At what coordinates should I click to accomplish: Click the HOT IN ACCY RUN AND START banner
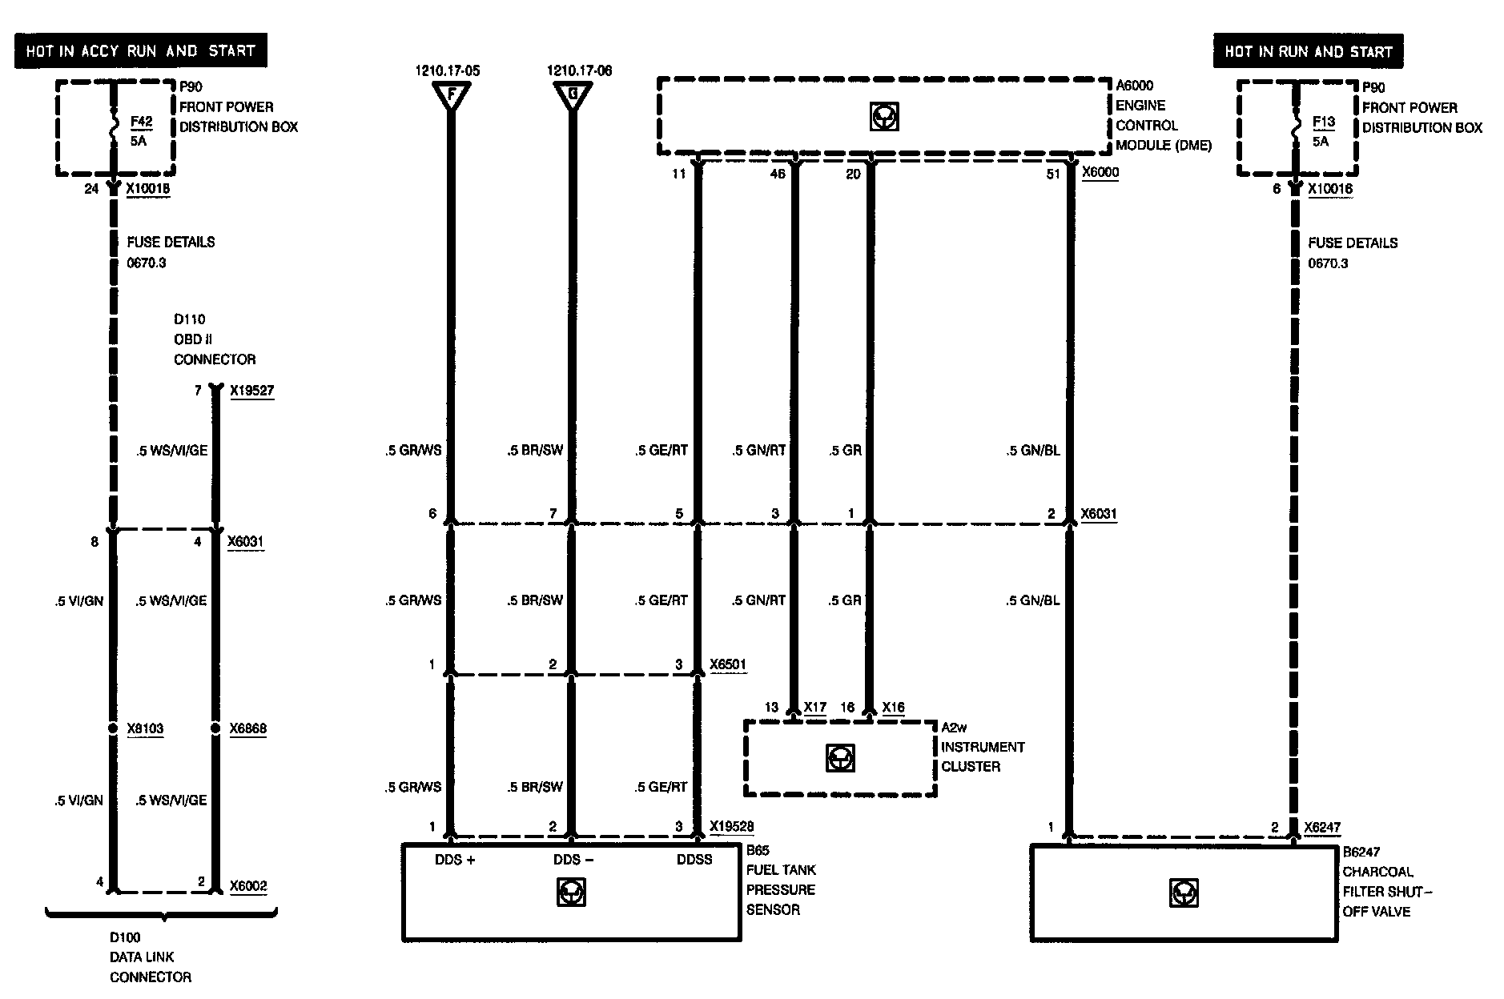click(140, 51)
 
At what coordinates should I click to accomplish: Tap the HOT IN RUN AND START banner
click(1308, 52)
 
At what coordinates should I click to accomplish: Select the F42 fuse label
click(141, 122)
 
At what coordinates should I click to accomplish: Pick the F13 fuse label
click(1324, 122)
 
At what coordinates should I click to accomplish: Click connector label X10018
click(148, 189)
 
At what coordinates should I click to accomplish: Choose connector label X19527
click(251, 391)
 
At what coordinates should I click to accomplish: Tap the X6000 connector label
click(1100, 172)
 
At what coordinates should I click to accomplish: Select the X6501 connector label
click(728, 664)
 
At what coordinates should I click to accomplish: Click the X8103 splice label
click(145, 728)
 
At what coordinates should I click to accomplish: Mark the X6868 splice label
click(247, 728)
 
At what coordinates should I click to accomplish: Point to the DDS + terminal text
click(455, 860)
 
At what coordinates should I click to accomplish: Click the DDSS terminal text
click(694, 860)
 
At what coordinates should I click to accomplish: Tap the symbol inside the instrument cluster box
click(840, 757)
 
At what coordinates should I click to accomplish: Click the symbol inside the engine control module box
click(884, 117)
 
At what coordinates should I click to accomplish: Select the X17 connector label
click(814, 708)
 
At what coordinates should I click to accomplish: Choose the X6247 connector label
click(1321, 828)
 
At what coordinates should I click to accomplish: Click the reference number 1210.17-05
click(448, 70)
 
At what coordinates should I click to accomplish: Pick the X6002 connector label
click(248, 886)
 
